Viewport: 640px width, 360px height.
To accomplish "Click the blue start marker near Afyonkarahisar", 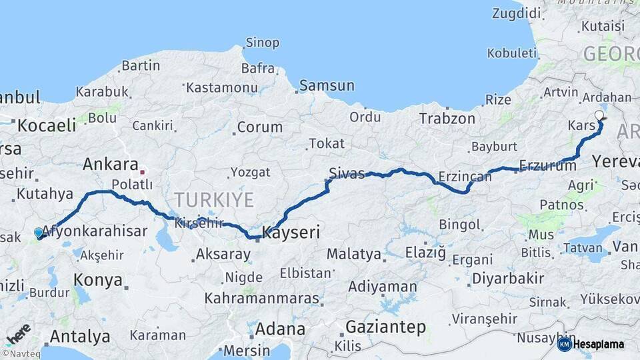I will [39, 233].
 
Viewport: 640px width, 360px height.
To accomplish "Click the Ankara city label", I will [111, 165].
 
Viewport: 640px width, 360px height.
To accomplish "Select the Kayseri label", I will [291, 233].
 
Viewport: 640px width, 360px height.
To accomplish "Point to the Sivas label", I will [347, 174].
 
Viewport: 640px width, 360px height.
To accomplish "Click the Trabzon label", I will [447, 119].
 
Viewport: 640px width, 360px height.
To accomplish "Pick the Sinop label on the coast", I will [262, 43].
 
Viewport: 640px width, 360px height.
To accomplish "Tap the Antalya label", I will [80, 337].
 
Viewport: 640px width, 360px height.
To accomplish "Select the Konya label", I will [98, 280].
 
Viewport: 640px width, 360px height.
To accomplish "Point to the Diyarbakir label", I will [507, 279].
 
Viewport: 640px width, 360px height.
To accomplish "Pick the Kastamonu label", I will [221, 87].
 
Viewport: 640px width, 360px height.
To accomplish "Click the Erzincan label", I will [465, 177].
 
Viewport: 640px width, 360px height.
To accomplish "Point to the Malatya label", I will [353, 254].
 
